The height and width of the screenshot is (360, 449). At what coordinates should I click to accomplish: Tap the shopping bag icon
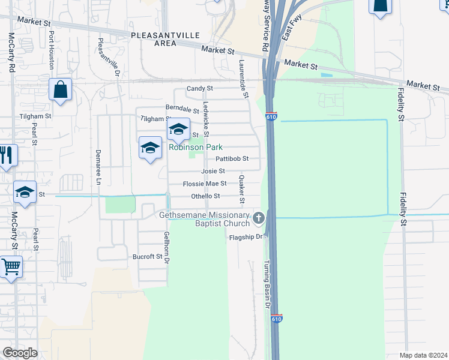click(60, 91)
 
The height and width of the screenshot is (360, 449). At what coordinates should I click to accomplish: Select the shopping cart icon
click(11, 266)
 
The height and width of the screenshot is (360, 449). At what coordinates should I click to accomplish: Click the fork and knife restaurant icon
click(6, 155)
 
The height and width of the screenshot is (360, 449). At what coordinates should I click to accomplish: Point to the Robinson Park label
click(196, 147)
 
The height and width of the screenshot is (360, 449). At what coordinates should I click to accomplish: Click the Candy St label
click(196, 89)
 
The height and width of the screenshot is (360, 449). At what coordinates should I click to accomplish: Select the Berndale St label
click(178, 110)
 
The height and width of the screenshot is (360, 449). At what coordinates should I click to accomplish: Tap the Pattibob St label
click(232, 159)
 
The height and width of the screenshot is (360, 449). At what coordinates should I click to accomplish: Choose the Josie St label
click(213, 171)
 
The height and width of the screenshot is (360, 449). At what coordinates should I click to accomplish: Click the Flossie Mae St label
click(205, 184)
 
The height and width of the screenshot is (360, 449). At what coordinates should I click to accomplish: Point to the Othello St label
click(205, 196)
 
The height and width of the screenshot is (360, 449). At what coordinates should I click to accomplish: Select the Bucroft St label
click(148, 257)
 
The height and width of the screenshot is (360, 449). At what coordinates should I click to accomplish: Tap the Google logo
click(20, 353)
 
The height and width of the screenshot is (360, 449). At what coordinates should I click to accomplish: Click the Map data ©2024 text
click(424, 355)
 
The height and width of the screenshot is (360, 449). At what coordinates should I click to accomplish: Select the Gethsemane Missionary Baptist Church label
click(204, 219)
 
